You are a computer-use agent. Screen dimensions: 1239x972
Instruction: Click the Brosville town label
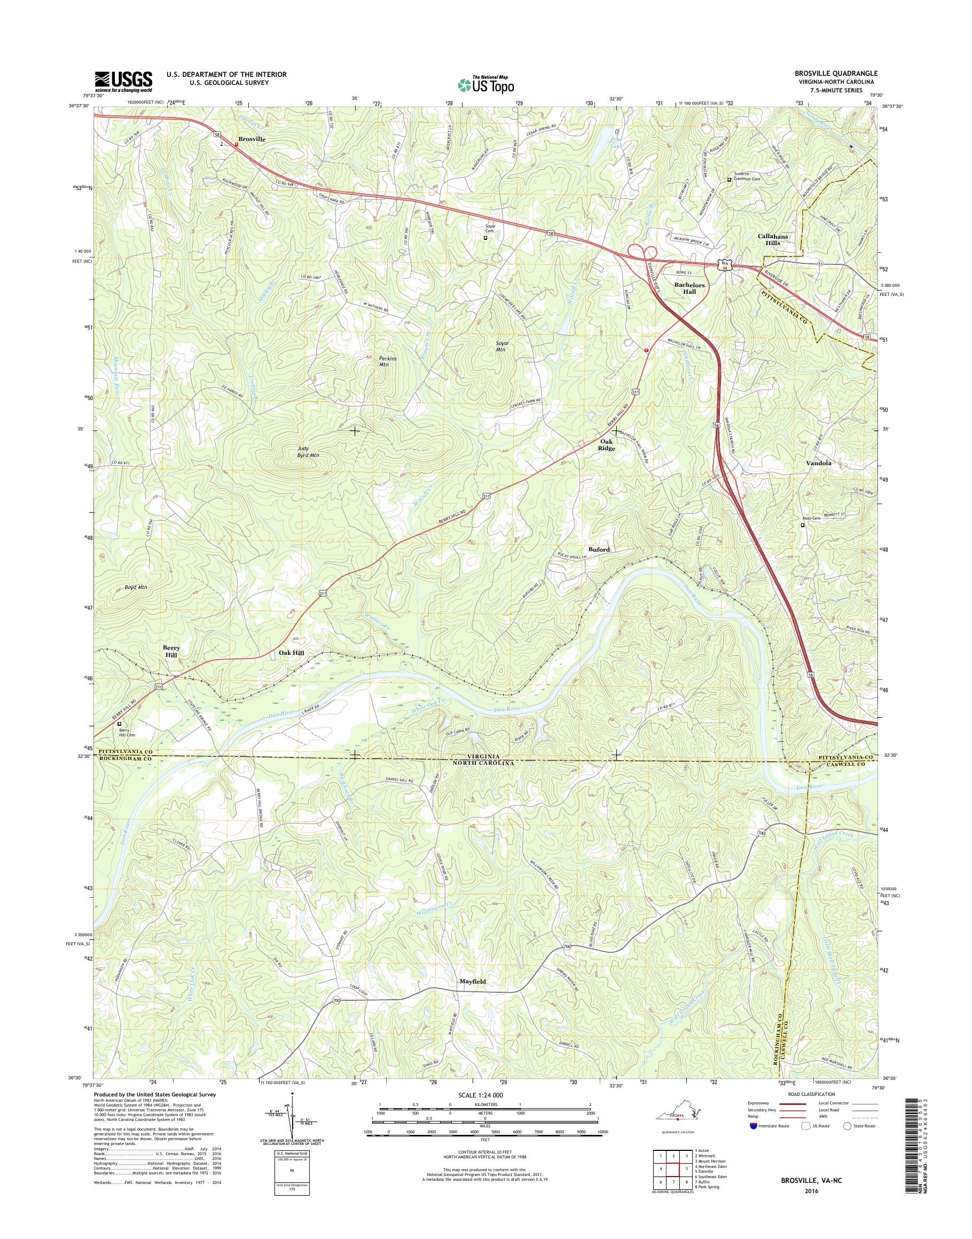click(252, 139)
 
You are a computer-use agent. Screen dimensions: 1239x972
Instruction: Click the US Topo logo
click(485, 85)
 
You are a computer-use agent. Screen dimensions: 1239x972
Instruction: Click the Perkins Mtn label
click(388, 362)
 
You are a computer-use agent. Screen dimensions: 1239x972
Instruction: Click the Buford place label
click(599, 549)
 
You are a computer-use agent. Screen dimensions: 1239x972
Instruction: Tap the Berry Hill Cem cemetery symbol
click(120, 725)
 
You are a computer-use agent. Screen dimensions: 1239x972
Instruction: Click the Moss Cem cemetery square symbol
click(804, 526)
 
